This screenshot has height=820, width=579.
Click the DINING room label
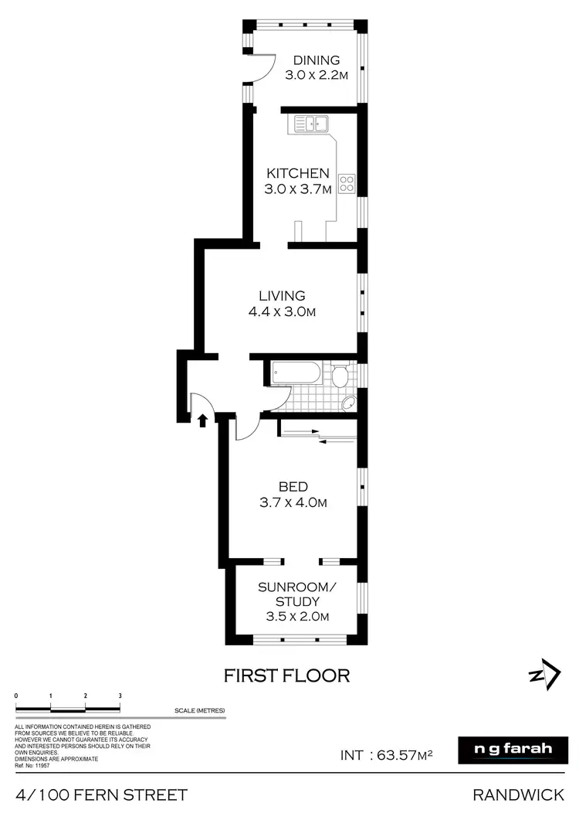click(317, 60)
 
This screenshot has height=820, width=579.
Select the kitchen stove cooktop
click(347, 184)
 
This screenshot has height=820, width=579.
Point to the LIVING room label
click(282, 295)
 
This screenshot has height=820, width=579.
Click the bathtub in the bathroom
click(295, 373)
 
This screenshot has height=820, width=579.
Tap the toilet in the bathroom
click(340, 376)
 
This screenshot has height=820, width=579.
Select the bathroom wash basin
click(348, 402)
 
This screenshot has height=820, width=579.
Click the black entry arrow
click(202, 420)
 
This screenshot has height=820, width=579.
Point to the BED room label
click(293, 486)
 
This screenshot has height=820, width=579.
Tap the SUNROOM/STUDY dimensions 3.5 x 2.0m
click(297, 617)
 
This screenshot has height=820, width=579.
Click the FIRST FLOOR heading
click(286, 675)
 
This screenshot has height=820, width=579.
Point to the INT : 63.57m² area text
click(387, 754)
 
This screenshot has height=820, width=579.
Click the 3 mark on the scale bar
click(120, 696)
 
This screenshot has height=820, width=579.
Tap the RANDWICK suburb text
click(523, 795)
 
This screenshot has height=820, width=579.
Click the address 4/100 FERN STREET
click(101, 795)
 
